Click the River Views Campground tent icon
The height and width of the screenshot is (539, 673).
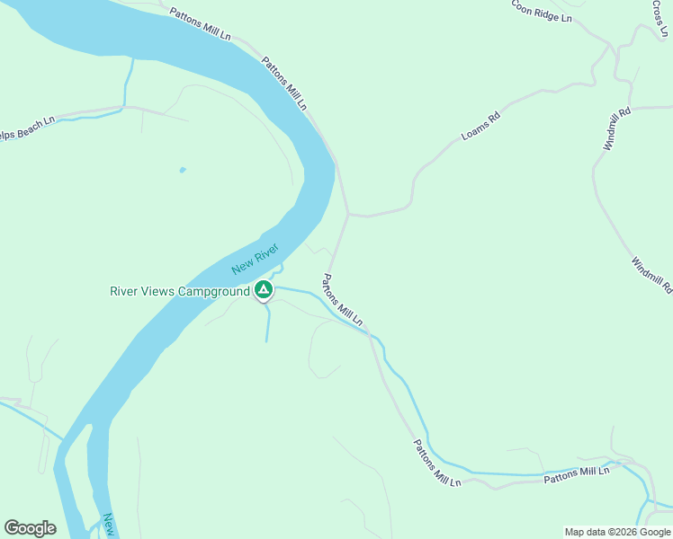(x=264, y=290)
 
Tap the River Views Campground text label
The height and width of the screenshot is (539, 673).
(x=179, y=291)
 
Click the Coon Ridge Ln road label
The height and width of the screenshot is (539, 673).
(x=542, y=11)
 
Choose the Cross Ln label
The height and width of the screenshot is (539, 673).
(x=661, y=18)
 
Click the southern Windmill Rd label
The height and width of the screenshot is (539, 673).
(x=651, y=276)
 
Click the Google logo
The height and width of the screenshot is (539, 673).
(x=30, y=527)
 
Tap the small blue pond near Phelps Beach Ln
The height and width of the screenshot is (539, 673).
(x=183, y=169)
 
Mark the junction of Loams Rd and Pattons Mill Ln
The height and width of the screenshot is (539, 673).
(x=348, y=215)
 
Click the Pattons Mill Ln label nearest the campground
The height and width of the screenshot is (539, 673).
(x=343, y=300)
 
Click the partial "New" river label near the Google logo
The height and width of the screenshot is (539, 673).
(x=109, y=525)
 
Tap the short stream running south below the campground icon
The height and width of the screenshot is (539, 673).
(x=267, y=325)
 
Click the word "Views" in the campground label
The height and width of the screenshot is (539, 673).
(x=158, y=291)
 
